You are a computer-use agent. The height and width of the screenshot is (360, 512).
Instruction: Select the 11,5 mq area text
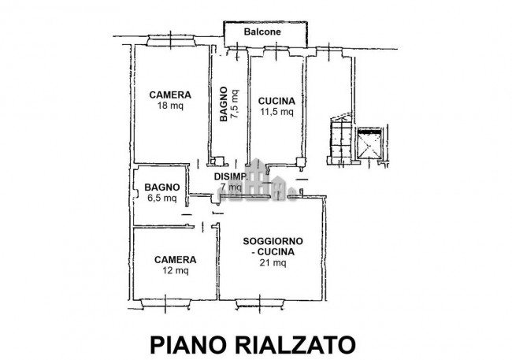(x=276, y=112)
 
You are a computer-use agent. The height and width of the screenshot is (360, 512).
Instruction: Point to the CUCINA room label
(x=276, y=101)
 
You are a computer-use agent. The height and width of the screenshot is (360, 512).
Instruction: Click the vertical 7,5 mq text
(x=236, y=106)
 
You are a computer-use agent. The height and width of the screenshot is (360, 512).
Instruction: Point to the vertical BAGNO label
(x=224, y=105)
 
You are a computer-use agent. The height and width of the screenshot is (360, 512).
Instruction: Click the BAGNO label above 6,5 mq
(x=161, y=188)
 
